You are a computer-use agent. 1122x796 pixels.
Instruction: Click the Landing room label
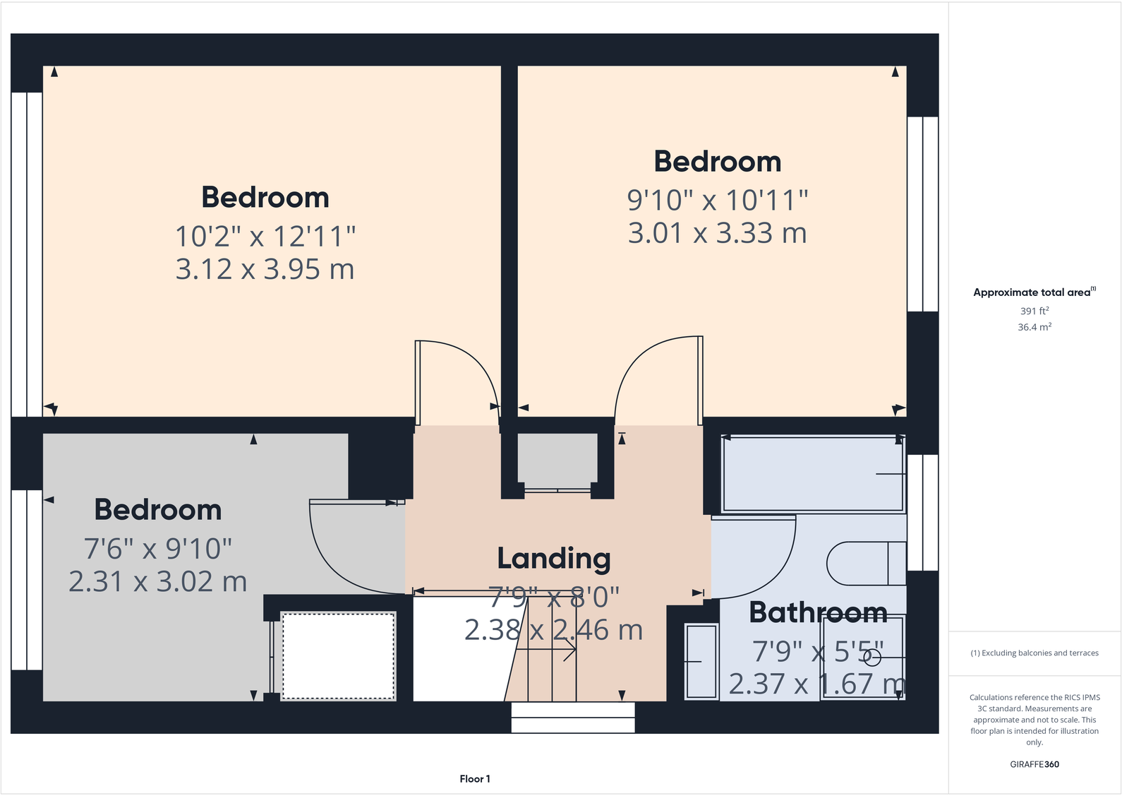pos(554,559)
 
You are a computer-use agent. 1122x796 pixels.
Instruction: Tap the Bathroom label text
pos(818,612)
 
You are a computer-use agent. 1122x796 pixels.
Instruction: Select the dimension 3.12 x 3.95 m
pos(265,269)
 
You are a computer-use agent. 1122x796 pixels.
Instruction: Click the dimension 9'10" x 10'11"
pos(717,200)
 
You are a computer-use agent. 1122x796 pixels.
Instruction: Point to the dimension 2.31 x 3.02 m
pos(158,582)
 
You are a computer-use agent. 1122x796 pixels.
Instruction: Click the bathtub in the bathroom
pos(812,474)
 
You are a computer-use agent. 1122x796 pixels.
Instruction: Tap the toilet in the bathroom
pos(864,564)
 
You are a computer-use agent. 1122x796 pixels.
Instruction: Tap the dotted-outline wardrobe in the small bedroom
pos(338,656)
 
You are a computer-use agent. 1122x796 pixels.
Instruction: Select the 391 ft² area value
pos(1034,311)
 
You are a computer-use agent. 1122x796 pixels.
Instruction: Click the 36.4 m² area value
pos(1034,327)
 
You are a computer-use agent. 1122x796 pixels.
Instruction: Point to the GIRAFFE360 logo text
pos(1034,764)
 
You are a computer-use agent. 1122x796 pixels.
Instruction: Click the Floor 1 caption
pos(474,779)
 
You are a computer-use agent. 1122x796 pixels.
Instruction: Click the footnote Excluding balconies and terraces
pos(1034,653)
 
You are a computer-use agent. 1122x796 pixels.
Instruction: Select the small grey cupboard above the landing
pos(557,459)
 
